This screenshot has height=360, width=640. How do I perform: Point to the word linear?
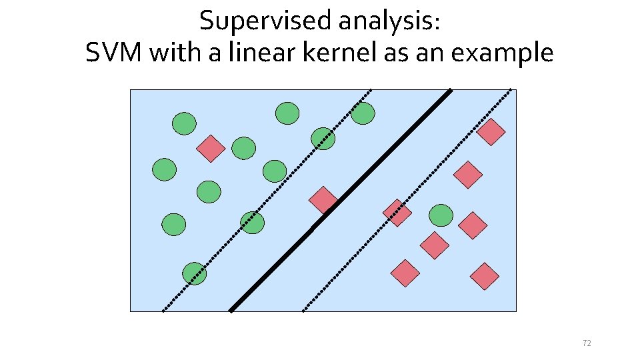[253, 53]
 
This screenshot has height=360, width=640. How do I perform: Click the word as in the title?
[394, 53]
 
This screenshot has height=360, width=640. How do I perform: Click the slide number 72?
[587, 343]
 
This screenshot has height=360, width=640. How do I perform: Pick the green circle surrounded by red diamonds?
[441, 215]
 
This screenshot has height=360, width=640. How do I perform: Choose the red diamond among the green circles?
[211, 149]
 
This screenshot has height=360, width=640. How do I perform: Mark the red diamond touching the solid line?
[324, 200]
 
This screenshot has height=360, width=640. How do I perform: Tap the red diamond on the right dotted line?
[397, 213]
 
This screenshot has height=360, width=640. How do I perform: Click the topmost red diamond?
[491, 132]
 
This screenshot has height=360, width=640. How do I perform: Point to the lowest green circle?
[195, 273]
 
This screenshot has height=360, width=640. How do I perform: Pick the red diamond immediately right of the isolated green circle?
[473, 225]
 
